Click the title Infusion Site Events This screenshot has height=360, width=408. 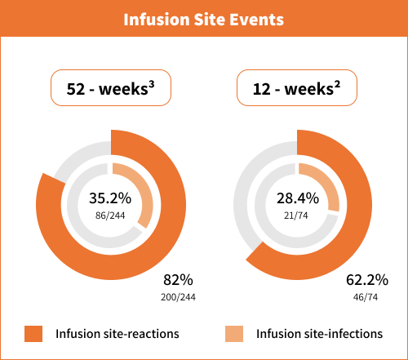203,19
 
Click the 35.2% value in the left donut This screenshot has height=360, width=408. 109,198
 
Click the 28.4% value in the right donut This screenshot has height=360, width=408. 297,198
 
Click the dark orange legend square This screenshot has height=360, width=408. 33,334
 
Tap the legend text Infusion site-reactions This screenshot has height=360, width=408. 118,334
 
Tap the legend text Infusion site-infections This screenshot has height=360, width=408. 319,334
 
